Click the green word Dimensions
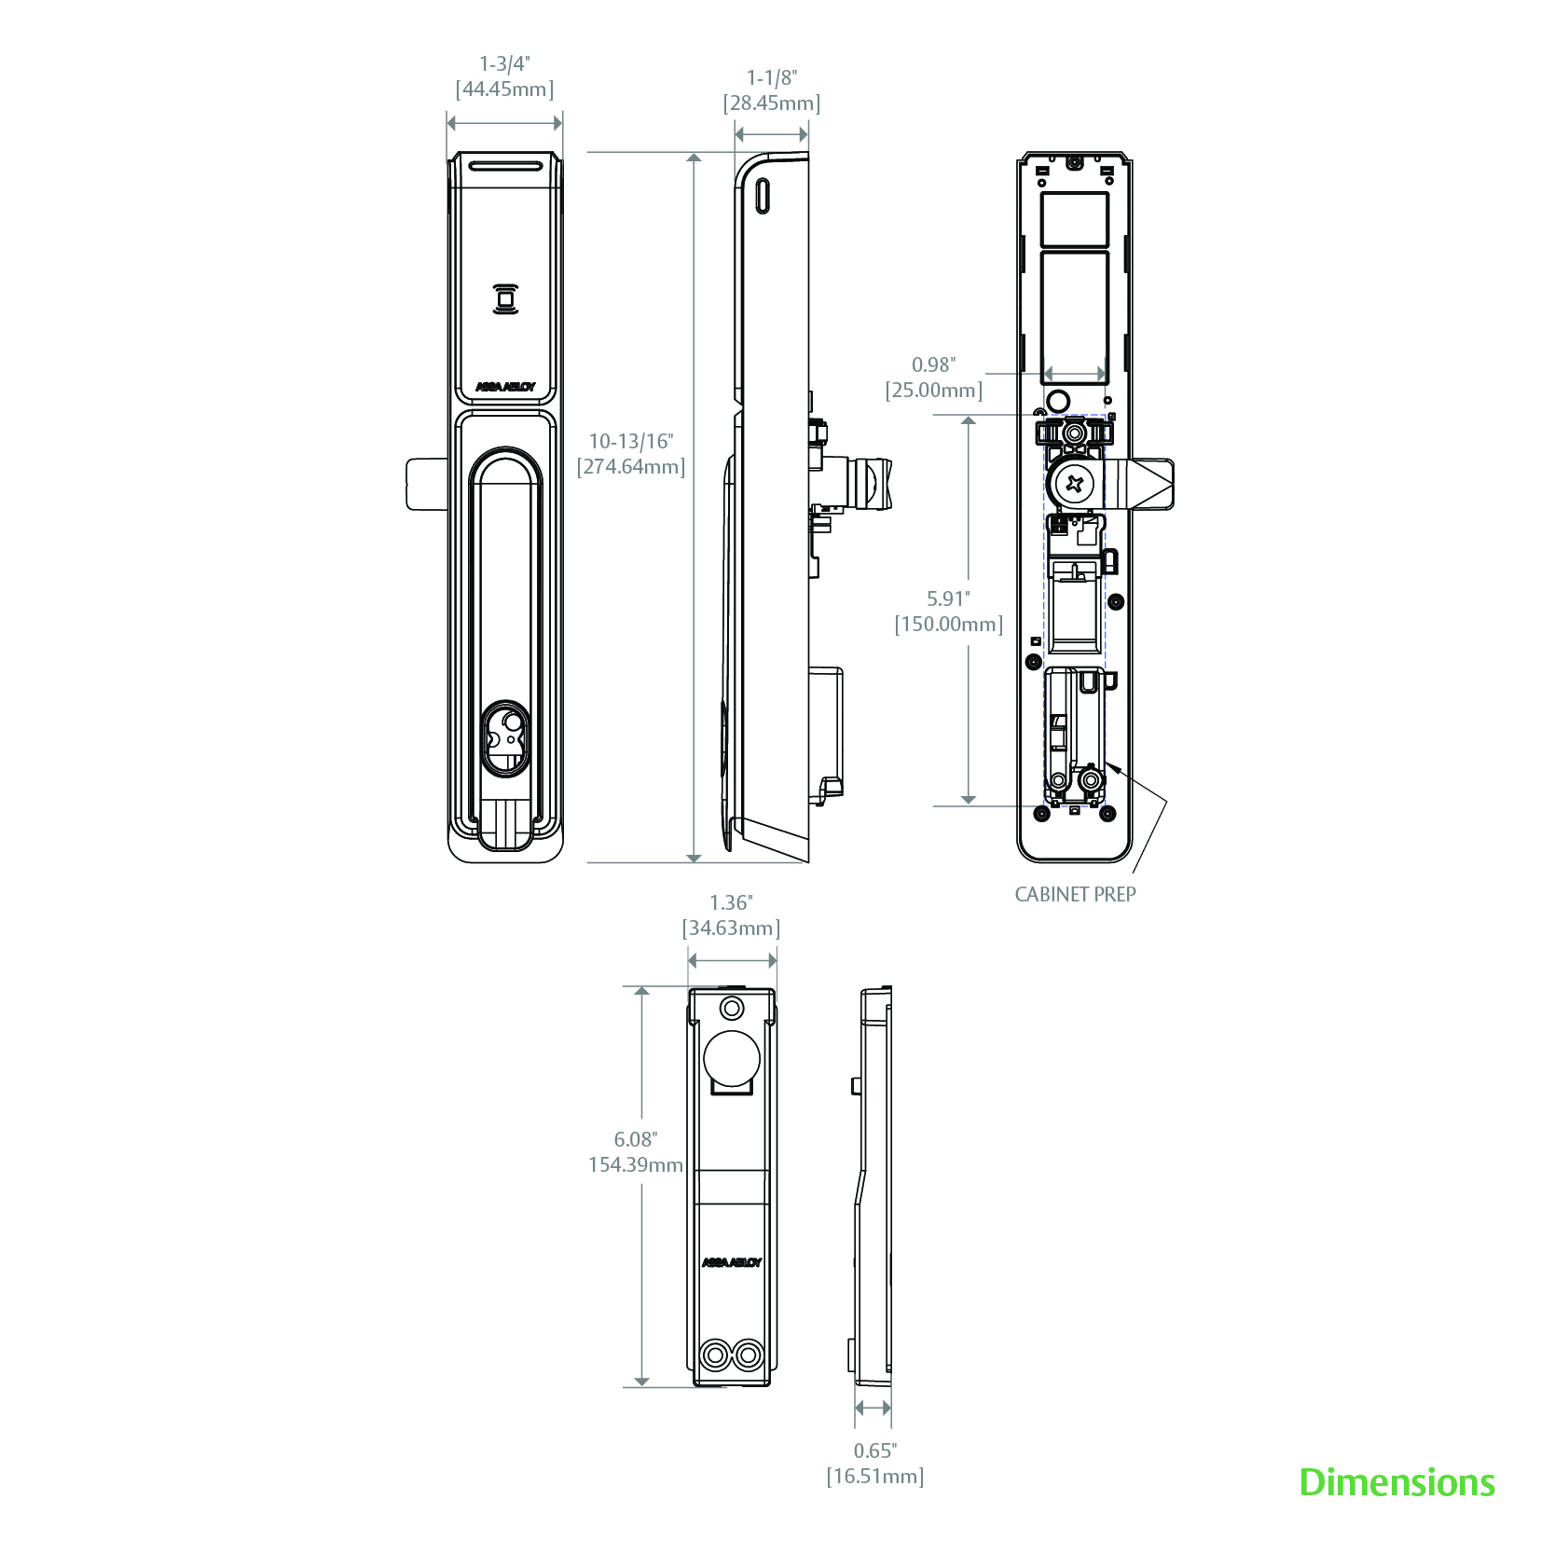coord(1396,1482)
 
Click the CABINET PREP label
coord(1075,894)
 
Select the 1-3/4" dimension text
coord(504,64)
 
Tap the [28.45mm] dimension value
coord(772,103)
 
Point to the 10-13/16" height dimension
coord(630,441)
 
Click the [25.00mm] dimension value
coord(934,390)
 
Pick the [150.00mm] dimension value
coord(949,624)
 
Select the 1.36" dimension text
coord(731,902)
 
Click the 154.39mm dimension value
coord(635,1164)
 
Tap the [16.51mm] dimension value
coord(874,1476)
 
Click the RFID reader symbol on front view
coord(505,299)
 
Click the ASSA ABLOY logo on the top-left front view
coord(505,387)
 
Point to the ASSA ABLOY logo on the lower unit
coord(732,1262)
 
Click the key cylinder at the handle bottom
coord(506,736)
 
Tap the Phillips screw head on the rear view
coord(1075,483)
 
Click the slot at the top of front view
coord(504,167)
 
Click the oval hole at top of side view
coord(763,195)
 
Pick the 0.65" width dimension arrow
coord(873,1408)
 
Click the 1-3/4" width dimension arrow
coord(504,122)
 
